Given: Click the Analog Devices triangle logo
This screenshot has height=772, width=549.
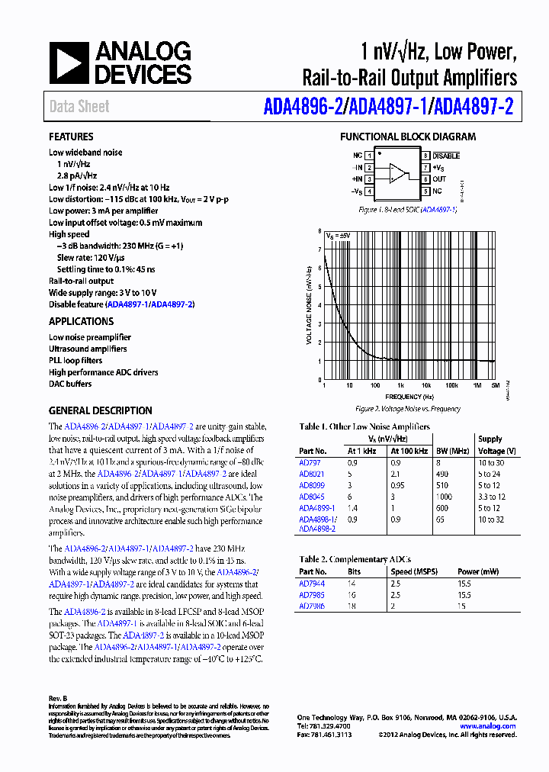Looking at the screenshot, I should coord(69,63).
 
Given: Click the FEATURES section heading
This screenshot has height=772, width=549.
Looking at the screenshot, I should coord(72,137).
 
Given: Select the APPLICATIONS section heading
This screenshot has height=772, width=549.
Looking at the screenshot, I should coord(82,321).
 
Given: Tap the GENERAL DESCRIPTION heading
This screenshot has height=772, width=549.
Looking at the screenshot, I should coord(101,410).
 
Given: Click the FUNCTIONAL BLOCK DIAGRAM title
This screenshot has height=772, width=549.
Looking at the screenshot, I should coord(408,137).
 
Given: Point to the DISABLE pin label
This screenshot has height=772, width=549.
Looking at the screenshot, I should coord(446,155).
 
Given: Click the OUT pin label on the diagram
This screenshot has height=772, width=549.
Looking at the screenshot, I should coord(439,179).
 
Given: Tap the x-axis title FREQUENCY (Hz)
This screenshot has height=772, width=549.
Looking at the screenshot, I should coord(409,397).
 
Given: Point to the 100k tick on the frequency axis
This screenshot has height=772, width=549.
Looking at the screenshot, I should coord(451,386).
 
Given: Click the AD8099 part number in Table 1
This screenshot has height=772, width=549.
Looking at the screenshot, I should coord(312,484).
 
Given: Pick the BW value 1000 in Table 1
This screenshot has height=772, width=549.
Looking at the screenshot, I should coord(445,496).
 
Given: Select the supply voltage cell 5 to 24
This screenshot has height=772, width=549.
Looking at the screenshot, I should coord(489,473).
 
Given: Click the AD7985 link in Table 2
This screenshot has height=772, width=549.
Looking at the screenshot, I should coord(311,594).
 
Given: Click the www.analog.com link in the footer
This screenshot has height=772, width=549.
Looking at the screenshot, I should coord(488,726).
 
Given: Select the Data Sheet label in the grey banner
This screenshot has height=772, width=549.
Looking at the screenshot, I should coord(79,107).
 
